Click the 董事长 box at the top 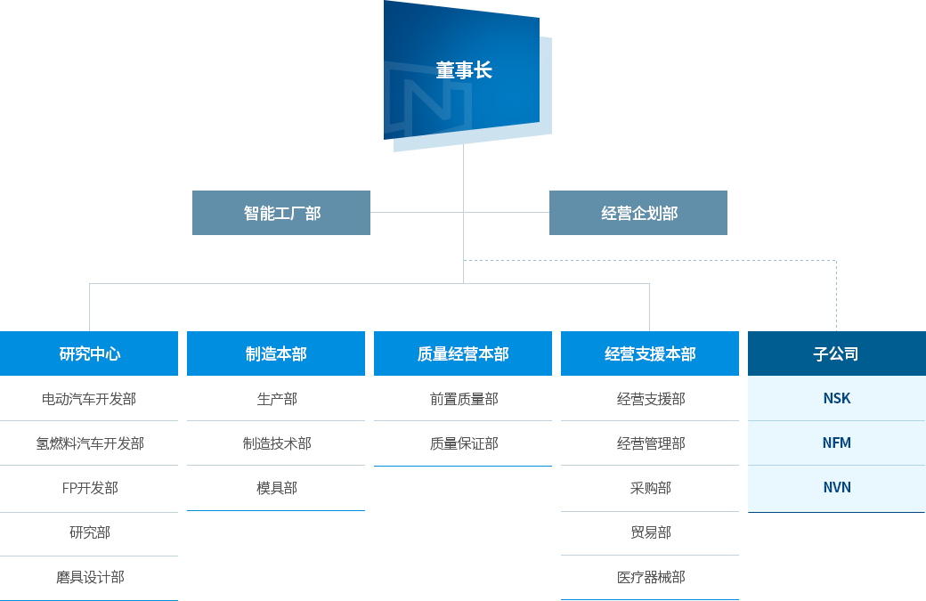(463, 70)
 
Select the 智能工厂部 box (281, 213)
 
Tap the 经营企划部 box (638, 213)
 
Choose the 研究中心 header (89, 353)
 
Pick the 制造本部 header (276, 353)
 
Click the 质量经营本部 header (463, 353)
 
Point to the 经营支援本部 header (650, 353)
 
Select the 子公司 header (836, 353)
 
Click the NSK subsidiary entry (836, 398)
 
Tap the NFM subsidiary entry (836, 443)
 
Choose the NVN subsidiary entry (836, 487)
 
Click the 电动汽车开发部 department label (89, 399)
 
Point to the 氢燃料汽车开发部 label (89, 443)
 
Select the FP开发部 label (89, 488)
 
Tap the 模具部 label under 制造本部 (277, 487)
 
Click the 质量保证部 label (463, 443)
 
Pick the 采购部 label (651, 488)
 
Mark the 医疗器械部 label (651, 577)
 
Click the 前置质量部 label (463, 399)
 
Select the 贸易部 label (651, 532)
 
